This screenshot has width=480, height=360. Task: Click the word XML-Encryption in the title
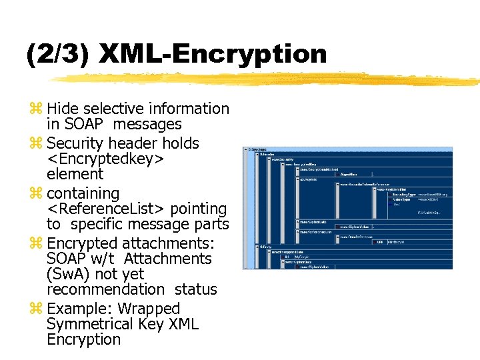click(213, 54)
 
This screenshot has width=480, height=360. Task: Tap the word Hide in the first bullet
click(63, 109)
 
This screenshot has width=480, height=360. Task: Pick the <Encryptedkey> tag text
click(106, 159)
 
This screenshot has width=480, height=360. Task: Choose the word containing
click(83, 193)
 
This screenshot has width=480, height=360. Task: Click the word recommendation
click(105, 289)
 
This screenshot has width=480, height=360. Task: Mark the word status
click(196, 289)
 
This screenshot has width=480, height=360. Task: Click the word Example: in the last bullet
click(75, 309)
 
